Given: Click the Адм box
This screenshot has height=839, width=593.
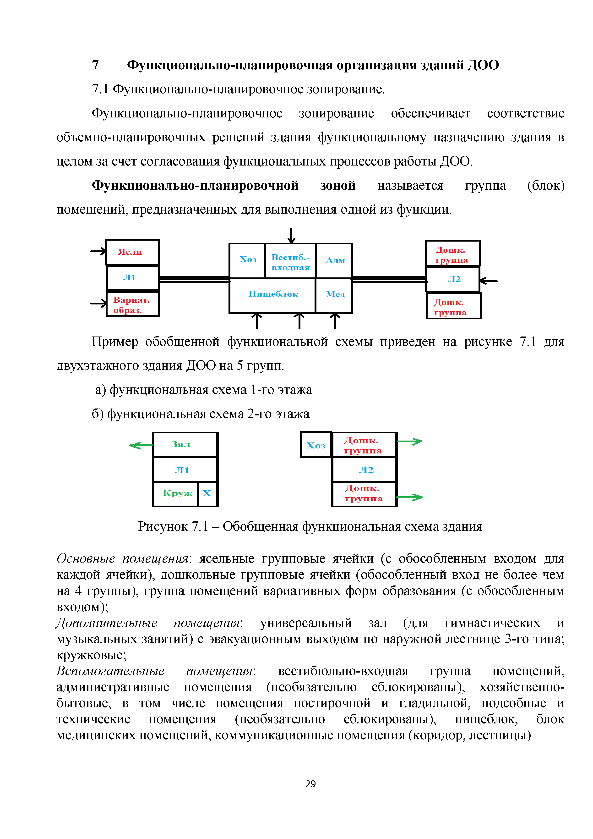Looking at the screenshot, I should point(334,260).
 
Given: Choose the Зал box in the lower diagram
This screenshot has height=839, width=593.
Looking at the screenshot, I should point(185,444).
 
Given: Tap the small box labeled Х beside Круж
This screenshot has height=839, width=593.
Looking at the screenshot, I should point(207,494).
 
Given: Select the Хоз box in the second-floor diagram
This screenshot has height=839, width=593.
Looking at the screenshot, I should point(316,445).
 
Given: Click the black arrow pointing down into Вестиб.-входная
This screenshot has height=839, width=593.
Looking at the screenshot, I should point(291,235).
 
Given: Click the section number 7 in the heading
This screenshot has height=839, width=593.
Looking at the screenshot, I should point(95,65).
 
